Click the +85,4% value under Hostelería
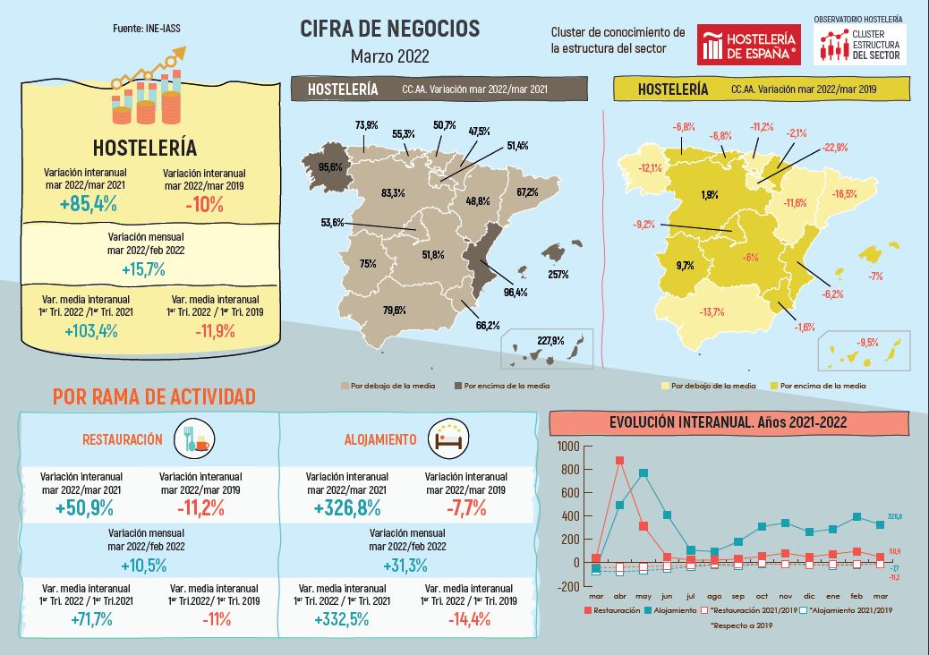click(x=89, y=203)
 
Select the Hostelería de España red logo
click(x=748, y=45)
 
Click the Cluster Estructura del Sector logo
click(x=860, y=44)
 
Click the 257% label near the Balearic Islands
click(x=558, y=274)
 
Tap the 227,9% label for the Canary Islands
click(x=550, y=341)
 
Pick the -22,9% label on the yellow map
click(x=835, y=147)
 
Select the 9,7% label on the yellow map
click(x=685, y=265)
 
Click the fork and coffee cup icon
click(x=193, y=438)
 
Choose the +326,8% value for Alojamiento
click(x=346, y=508)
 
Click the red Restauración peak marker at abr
click(x=619, y=461)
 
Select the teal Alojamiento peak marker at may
click(x=643, y=473)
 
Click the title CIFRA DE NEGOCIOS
click(x=389, y=30)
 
